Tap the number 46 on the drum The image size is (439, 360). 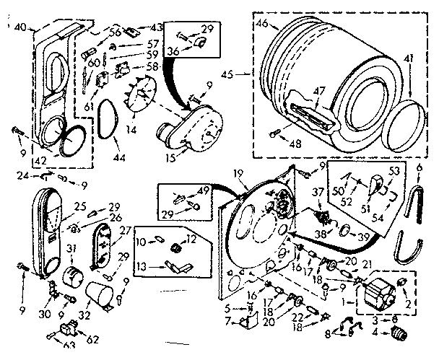261,25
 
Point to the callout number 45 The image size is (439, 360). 247,73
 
